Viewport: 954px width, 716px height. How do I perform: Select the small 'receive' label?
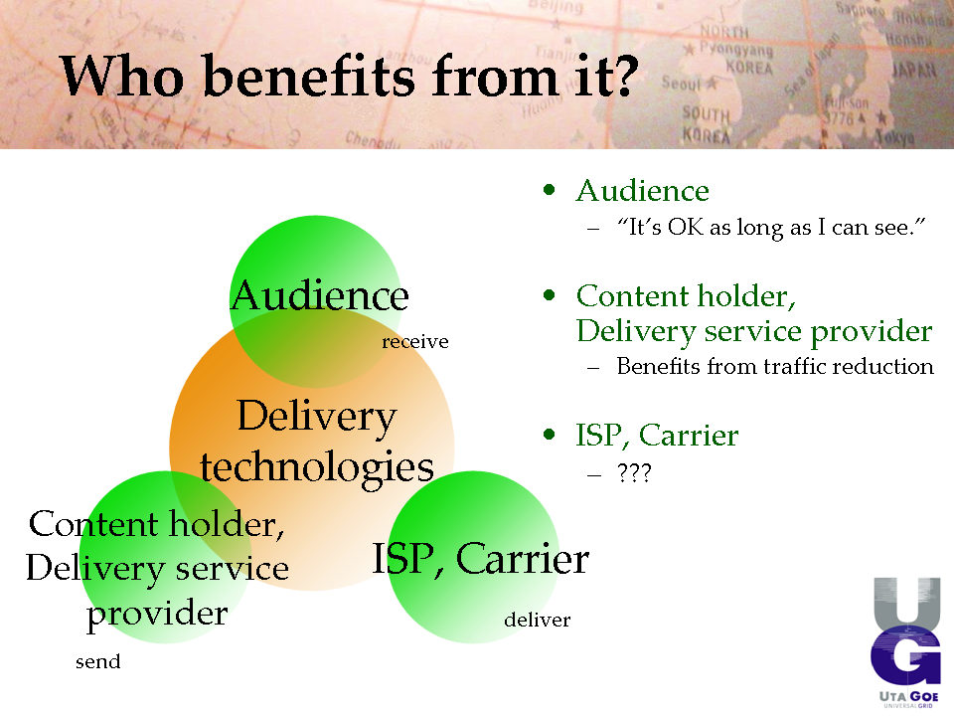pyautogui.click(x=415, y=341)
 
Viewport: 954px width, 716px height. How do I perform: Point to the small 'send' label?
pyautogui.click(x=98, y=661)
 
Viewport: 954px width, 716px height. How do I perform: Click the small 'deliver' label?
pyautogui.click(x=538, y=620)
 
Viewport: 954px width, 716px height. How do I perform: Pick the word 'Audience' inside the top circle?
pyautogui.click(x=319, y=295)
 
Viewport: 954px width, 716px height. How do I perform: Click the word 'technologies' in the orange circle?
pyautogui.click(x=317, y=467)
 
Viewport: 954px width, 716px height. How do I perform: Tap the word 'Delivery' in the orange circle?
pyautogui.click(x=316, y=418)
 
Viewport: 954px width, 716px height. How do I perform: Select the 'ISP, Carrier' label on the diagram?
pyautogui.click(x=480, y=558)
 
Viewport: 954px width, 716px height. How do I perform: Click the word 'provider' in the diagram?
pyautogui.click(x=157, y=614)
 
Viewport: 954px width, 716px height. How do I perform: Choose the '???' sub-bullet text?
pyautogui.click(x=634, y=472)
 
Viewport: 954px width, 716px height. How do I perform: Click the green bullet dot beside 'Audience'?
pyautogui.click(x=550, y=190)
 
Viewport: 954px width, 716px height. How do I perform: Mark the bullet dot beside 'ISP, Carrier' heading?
pyautogui.click(x=550, y=435)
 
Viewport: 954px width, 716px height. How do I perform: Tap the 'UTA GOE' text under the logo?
pyautogui.click(x=909, y=696)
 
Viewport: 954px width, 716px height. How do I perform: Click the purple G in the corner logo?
pyautogui.click(x=906, y=656)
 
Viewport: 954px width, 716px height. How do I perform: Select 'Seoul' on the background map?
pyautogui.click(x=682, y=83)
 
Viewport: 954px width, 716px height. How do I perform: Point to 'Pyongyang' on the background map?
pyautogui.click(x=736, y=49)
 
